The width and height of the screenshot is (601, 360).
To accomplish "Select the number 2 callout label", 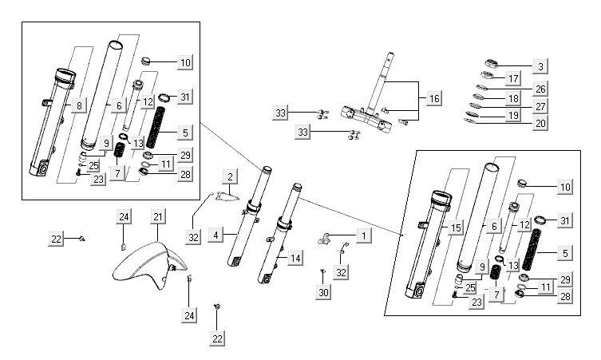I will click(x=229, y=176).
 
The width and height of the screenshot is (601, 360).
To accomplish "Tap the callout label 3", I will click(x=541, y=66).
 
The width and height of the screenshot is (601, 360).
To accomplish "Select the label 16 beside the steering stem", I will click(x=433, y=98).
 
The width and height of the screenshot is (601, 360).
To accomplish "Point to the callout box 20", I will click(x=541, y=123).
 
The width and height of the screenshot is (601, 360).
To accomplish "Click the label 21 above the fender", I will click(x=158, y=217).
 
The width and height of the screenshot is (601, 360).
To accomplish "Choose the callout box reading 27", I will click(x=541, y=106).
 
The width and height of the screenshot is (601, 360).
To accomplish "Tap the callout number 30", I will click(x=323, y=294).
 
